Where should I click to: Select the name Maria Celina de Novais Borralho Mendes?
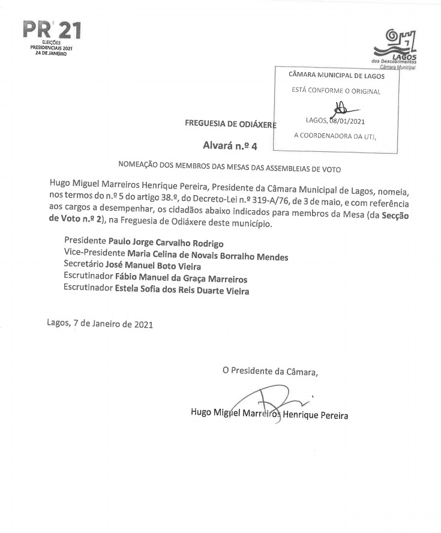(203, 256)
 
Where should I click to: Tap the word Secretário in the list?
(83, 266)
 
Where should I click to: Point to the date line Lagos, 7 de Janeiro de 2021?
(100, 324)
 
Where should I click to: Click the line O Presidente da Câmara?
(270, 371)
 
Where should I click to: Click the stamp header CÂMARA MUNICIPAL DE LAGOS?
(336, 76)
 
